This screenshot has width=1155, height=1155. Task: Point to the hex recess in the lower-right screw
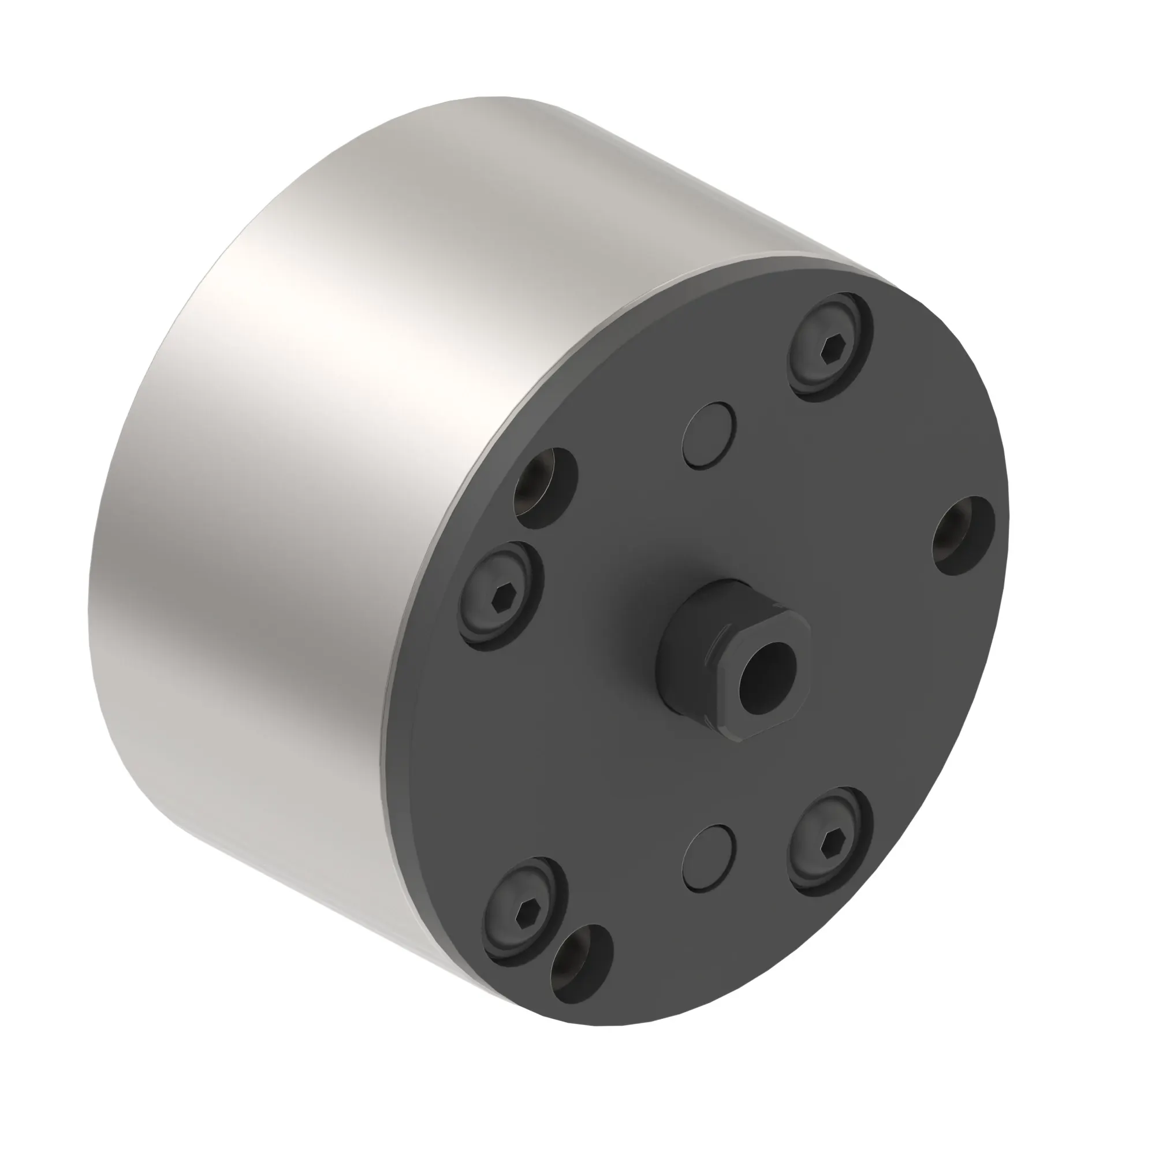832,844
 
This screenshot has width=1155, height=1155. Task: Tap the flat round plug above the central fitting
709,435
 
